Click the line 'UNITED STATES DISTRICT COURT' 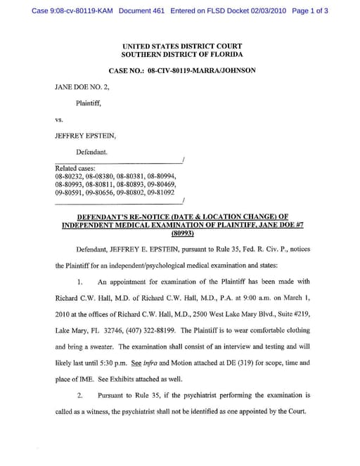click(181, 46)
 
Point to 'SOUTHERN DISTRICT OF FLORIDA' click(181, 55)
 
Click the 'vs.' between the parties click(59, 119)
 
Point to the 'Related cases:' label click(75, 168)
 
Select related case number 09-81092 click(160, 190)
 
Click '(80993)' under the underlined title click(182, 233)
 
